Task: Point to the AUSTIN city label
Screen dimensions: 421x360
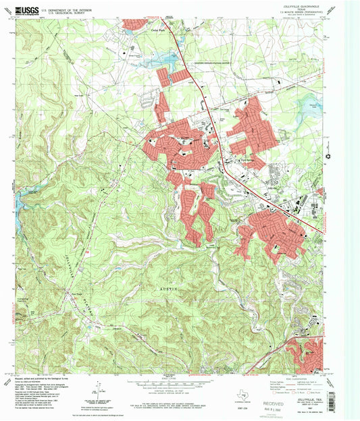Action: point(166,288)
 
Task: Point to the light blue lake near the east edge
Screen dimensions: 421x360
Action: point(312,109)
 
